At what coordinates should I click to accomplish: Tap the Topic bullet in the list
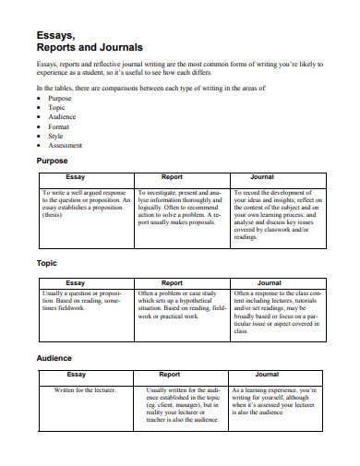tap(58, 107)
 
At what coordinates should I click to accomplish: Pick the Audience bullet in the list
tap(64, 116)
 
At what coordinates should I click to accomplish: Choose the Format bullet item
tap(60, 126)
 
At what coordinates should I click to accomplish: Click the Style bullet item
tap(57, 136)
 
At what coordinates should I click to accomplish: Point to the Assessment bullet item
tap(66, 145)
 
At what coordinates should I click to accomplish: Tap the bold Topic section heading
tap(46, 263)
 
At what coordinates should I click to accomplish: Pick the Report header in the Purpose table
tap(172, 176)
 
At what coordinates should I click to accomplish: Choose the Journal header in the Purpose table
tap(268, 176)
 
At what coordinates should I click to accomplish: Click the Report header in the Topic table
tap(172, 282)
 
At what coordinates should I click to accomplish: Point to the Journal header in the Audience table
tap(267, 375)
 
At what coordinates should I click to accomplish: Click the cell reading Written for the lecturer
tap(85, 390)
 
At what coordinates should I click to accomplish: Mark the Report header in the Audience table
tap(170, 375)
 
